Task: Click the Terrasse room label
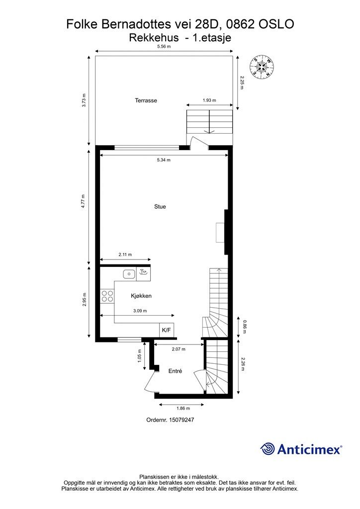click(x=146, y=100)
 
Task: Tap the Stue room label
click(x=160, y=207)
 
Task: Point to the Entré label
click(x=175, y=371)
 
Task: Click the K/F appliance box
click(x=166, y=330)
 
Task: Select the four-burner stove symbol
click(x=107, y=296)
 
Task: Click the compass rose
click(x=262, y=66)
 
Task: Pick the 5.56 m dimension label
click(x=164, y=47)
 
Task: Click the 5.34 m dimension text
click(x=164, y=160)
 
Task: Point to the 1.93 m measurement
click(x=209, y=100)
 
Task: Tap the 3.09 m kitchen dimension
click(x=140, y=311)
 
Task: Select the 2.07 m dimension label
click(x=179, y=349)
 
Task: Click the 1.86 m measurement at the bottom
click(x=183, y=408)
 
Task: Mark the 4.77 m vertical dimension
click(x=84, y=201)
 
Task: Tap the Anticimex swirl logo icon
click(x=268, y=449)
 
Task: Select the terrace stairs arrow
click(x=210, y=130)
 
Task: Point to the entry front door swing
click(x=149, y=383)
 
